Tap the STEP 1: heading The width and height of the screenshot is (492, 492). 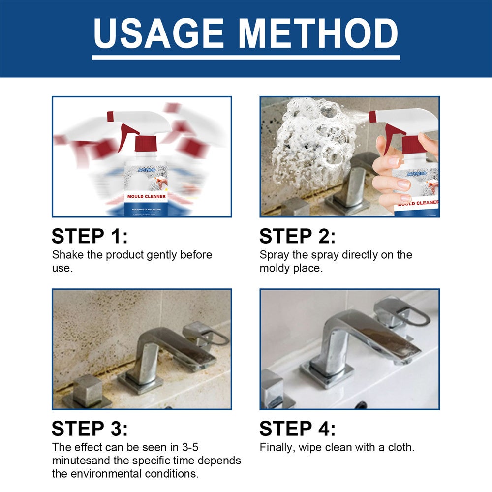(x=90, y=237)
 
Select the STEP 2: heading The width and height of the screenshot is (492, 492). (x=298, y=237)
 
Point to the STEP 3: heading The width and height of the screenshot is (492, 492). (x=90, y=429)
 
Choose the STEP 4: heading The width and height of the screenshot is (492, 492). (x=298, y=429)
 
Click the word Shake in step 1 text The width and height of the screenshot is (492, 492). (x=66, y=255)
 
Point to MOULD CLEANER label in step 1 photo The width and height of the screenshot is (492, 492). (x=146, y=196)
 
